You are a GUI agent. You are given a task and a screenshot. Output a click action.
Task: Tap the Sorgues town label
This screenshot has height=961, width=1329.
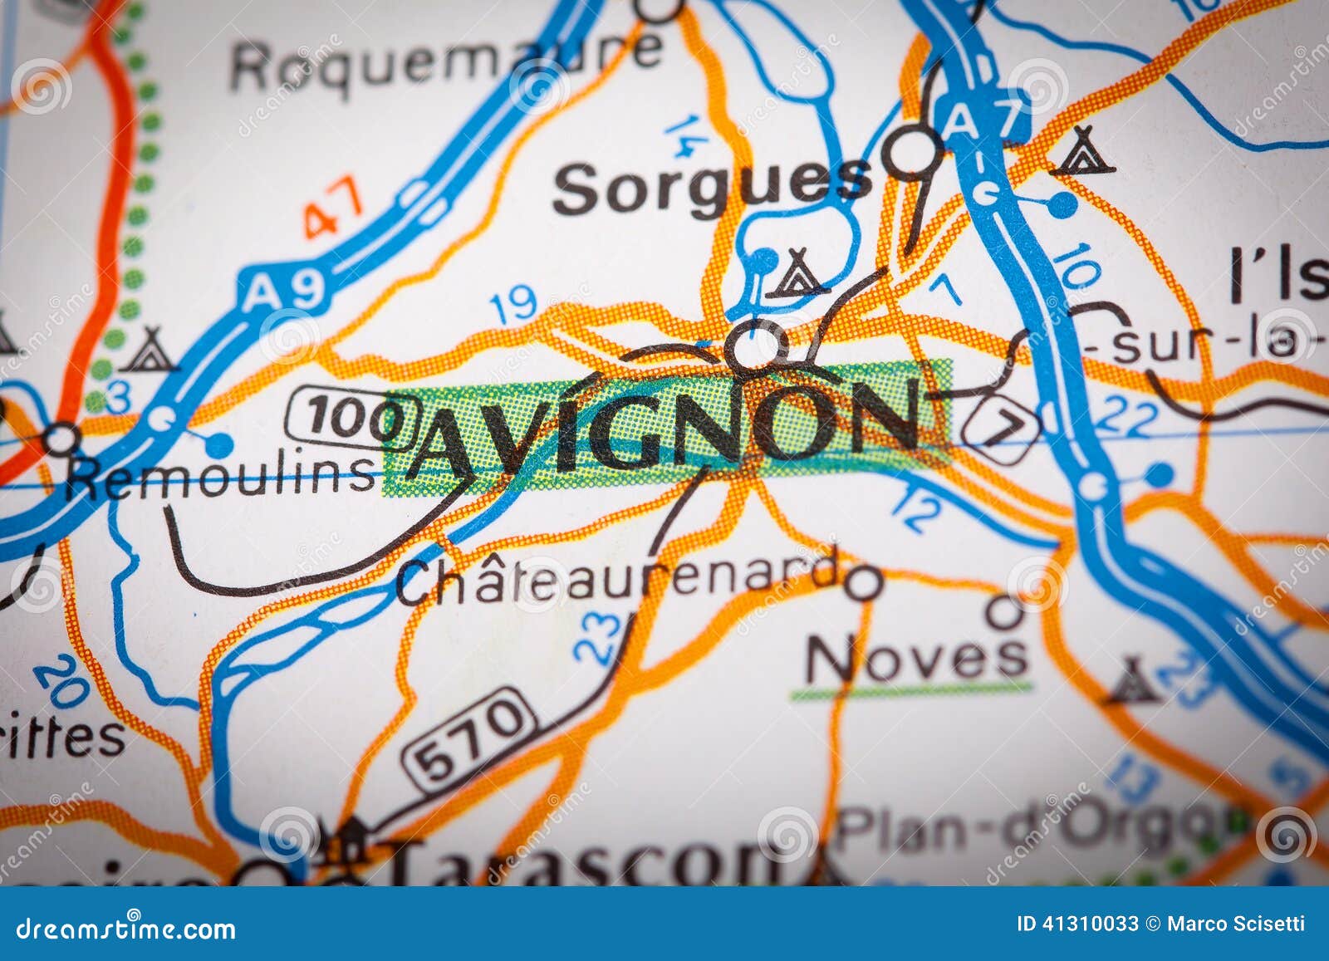click(x=712, y=188)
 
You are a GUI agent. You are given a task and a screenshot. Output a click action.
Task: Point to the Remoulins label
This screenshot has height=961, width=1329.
click(x=222, y=477)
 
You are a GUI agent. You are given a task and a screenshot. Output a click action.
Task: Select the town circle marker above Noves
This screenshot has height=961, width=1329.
click(x=1004, y=613)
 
